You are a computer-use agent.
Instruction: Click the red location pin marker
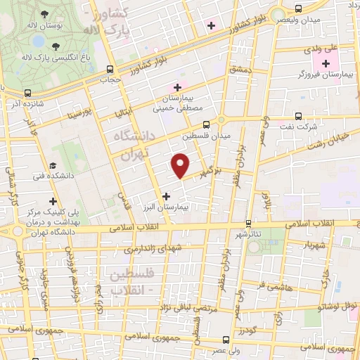click(181, 165)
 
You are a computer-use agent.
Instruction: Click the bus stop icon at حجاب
click(109, 69)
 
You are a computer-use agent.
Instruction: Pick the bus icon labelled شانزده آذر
click(27, 93)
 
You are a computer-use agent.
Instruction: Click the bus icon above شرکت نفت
click(299, 117)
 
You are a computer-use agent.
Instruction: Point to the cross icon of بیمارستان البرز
click(166, 196)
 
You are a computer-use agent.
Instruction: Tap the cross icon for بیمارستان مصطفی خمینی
click(177, 87)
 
